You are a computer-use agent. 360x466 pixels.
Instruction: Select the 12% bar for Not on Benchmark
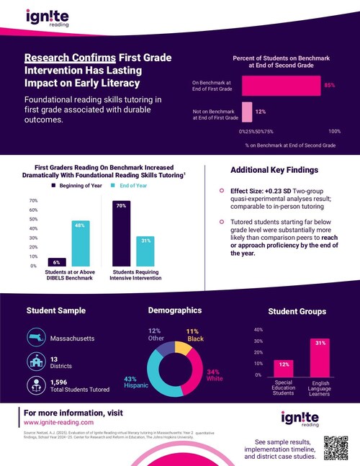246,112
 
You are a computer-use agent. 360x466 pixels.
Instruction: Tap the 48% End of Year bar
80,243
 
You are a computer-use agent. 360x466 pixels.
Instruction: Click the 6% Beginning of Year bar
58,262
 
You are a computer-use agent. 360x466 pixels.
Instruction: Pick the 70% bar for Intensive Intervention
122,233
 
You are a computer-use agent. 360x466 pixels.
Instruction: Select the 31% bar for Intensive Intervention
144,251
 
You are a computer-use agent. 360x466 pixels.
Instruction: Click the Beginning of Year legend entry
78,186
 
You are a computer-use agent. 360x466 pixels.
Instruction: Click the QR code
334,447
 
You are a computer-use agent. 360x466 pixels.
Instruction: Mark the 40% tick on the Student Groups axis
258,329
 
